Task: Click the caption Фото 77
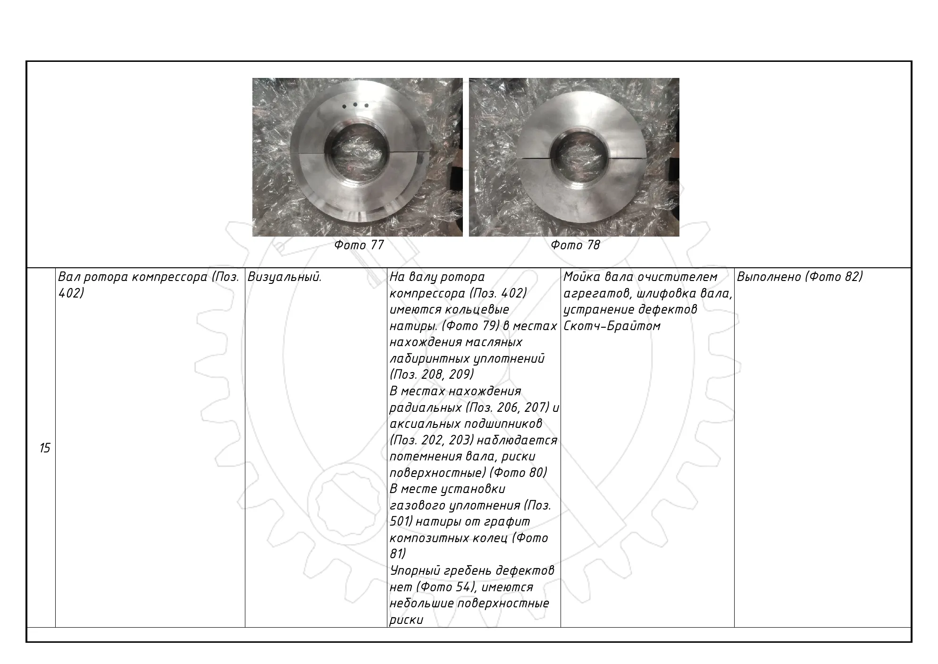point(359,245)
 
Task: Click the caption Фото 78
point(575,245)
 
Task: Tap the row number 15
point(45,448)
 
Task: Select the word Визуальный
point(285,277)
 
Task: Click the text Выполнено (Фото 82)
point(799,277)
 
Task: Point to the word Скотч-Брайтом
point(612,326)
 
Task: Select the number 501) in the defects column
point(401,522)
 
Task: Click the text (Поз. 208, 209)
point(432,375)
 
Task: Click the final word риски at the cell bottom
point(406,620)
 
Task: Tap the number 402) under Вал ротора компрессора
point(71,293)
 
